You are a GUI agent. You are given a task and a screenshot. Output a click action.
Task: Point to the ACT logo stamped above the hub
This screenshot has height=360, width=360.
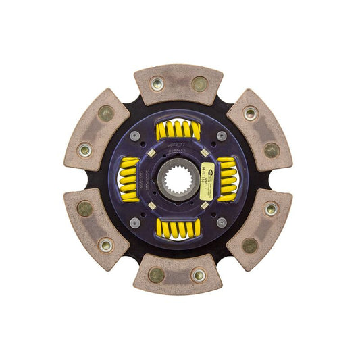click(178, 144)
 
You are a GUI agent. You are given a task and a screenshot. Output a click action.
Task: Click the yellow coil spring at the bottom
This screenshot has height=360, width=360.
click(178, 228)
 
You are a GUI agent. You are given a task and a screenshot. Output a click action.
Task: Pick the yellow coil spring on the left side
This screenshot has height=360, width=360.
click(129, 179)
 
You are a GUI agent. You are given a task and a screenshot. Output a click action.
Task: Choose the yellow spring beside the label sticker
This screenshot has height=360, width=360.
click(227, 179)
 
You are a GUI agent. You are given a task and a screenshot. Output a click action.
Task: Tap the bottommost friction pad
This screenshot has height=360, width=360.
click(178, 274)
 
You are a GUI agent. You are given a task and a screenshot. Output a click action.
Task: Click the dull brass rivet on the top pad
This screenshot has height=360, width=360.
click(199, 84)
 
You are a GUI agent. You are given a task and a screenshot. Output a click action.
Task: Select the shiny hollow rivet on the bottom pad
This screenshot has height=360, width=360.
click(198, 275)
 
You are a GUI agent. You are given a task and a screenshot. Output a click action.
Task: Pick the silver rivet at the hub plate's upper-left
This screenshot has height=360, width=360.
click(136, 136)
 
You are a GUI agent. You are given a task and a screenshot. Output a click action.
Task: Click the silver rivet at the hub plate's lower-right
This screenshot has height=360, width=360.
click(221, 222)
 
